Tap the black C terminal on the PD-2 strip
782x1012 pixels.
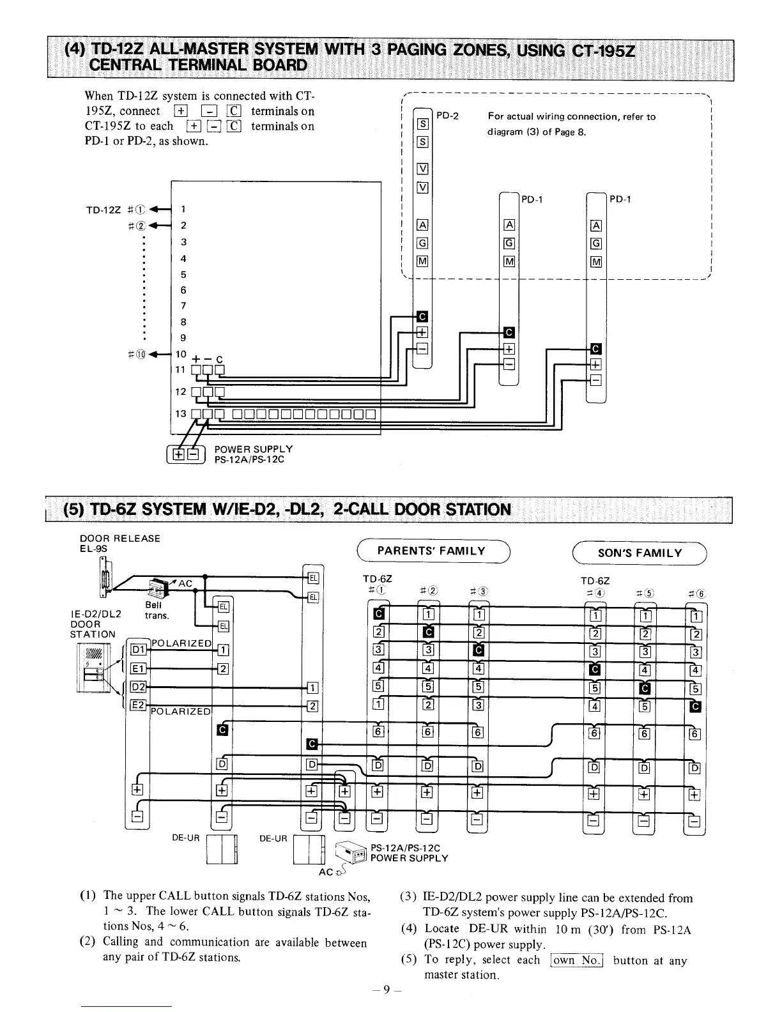coord(422,316)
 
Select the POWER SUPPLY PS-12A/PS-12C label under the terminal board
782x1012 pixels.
coord(253,454)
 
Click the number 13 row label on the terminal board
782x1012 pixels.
coord(181,413)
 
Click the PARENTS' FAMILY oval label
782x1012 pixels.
coord(431,551)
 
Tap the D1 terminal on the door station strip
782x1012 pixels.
coord(137,650)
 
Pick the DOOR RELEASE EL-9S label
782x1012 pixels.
coord(116,543)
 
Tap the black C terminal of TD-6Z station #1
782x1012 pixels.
coord(378,615)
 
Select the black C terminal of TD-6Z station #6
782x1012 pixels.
coord(696,706)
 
